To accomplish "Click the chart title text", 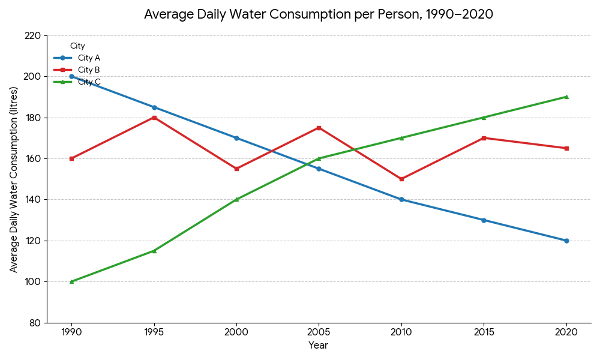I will pyautogui.click(x=318, y=14).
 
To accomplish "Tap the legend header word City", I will pyautogui.click(x=77, y=46).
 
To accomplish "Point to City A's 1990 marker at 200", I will pyautogui.click(x=71, y=76).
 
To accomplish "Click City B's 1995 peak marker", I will pyautogui.click(x=154, y=118).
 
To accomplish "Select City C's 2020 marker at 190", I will pyautogui.click(x=566, y=97).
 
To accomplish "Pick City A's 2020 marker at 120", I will pyautogui.click(x=566, y=241).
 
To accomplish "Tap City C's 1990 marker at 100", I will pyautogui.click(x=71, y=281).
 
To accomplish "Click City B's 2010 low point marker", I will pyautogui.click(x=401, y=179).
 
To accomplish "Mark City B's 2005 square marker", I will pyautogui.click(x=319, y=128).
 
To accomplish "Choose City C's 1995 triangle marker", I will pyautogui.click(x=154, y=251).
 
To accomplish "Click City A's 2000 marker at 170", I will pyautogui.click(x=236, y=138).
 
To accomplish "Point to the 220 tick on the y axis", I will pyautogui.click(x=32, y=35).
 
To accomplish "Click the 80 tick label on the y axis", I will pyautogui.click(x=35, y=323).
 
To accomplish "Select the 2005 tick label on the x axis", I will pyautogui.click(x=319, y=332).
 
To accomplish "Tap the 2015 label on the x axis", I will pyautogui.click(x=484, y=332).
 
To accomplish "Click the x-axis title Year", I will pyautogui.click(x=319, y=346).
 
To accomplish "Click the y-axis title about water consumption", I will pyautogui.click(x=14, y=179).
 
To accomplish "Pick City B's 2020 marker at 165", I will pyautogui.click(x=566, y=148).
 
